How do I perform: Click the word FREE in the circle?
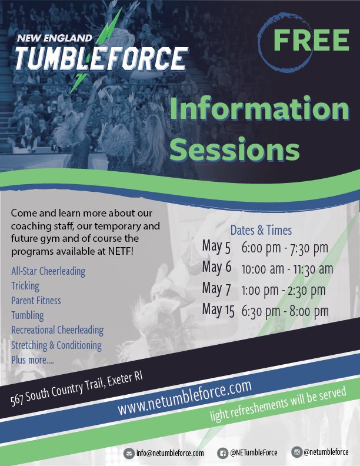[x=311, y=40]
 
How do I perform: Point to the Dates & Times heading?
[x=261, y=230]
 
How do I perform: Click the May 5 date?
[x=216, y=247]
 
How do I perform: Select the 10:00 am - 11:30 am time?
[x=287, y=268]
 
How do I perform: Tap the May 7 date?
[x=216, y=289]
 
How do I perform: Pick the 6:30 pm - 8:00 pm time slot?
[x=285, y=310]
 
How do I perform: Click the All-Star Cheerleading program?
[x=48, y=271]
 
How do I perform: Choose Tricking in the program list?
[x=25, y=286]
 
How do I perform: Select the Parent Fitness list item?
[x=36, y=301]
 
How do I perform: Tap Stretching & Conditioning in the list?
[x=56, y=345]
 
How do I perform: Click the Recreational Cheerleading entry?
[x=57, y=330]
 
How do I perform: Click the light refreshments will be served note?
[x=279, y=406]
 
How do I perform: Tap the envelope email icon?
[x=129, y=453]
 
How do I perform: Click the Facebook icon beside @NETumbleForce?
[x=223, y=452]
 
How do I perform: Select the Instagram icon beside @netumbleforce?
[x=296, y=452]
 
